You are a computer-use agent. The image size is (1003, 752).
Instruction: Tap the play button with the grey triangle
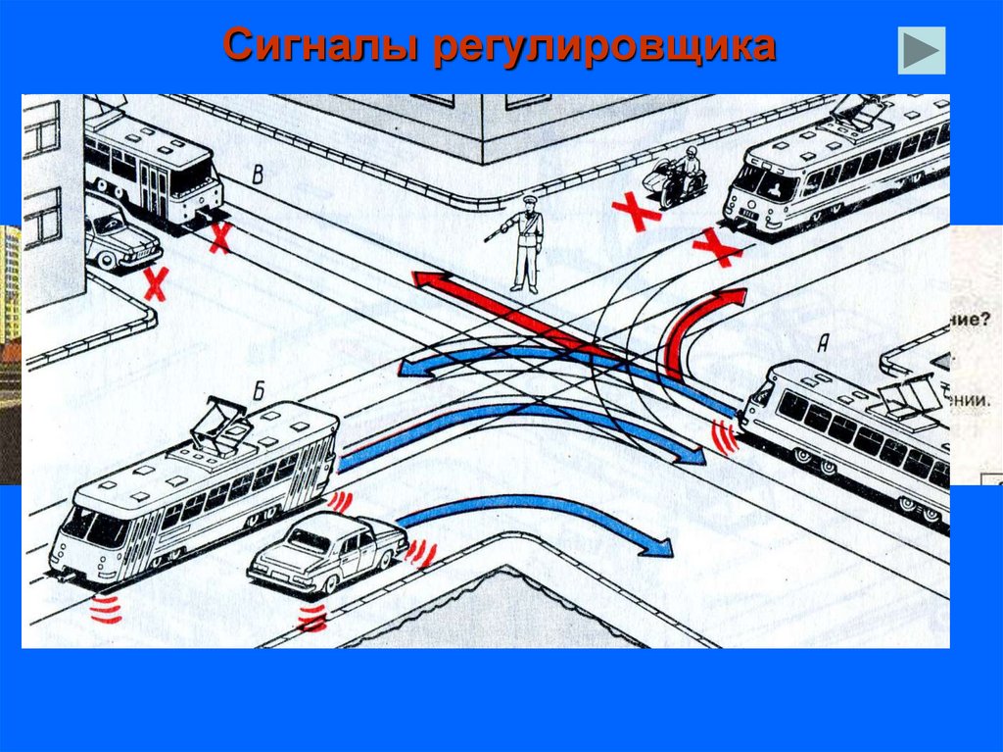pyautogui.click(x=921, y=50)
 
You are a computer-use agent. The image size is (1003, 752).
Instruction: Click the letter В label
pyautogui.click(x=258, y=175)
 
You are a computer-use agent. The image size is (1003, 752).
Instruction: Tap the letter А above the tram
pyautogui.click(x=823, y=342)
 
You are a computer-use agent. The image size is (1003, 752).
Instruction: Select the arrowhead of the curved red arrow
pyautogui.click(x=730, y=297)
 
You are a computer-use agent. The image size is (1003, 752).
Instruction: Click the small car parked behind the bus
pyautogui.click(x=119, y=240)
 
